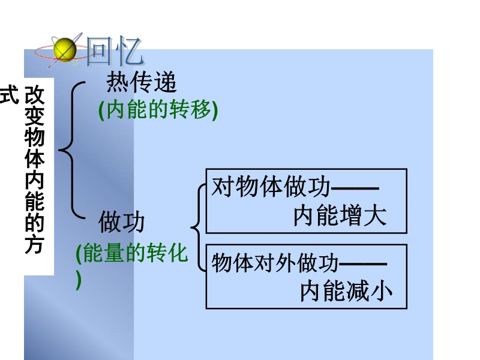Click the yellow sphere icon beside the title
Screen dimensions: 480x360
pyautogui.click(x=65, y=50)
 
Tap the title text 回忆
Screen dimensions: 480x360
pyautogui.click(x=115, y=51)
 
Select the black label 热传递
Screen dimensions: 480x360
pyautogui.click(x=142, y=82)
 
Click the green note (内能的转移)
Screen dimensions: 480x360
pyautogui.click(x=158, y=110)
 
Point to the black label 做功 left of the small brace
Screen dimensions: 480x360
pyautogui.click(x=122, y=221)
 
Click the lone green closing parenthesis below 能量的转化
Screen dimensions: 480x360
pyautogui.click(x=79, y=280)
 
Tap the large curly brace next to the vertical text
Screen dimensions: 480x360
pyautogui.click(x=71, y=150)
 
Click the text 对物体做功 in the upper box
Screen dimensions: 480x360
pyautogui.click(x=271, y=187)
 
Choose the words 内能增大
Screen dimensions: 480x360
pyautogui.click(x=340, y=216)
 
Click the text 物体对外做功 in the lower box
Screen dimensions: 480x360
pyautogui.click(x=275, y=263)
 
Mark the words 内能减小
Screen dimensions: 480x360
pyautogui.click(x=346, y=292)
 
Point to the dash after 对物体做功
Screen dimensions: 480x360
pyautogui.click(x=355, y=187)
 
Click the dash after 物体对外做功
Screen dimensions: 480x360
pyautogui.click(x=363, y=263)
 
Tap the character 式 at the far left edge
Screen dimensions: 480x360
pyautogui.click(x=9, y=95)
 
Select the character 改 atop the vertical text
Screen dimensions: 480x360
pyautogui.click(x=35, y=95)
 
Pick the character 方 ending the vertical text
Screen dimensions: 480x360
pyautogui.click(x=35, y=244)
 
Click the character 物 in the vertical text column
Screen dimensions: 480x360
pyautogui.click(x=35, y=137)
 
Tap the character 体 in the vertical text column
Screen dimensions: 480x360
pyautogui.click(x=35, y=159)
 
